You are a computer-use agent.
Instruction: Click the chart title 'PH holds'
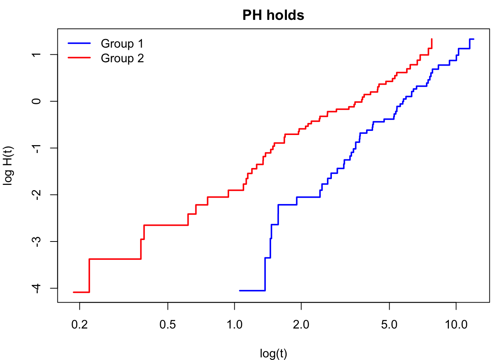[273, 15]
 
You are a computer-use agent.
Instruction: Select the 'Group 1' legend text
[122, 43]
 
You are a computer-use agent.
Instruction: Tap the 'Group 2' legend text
[122, 58]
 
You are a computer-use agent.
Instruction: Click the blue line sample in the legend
[79, 43]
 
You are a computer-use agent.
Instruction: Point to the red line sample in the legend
[79, 58]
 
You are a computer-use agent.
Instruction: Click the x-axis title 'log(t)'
[273, 353]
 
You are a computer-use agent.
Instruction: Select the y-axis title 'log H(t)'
[8, 166]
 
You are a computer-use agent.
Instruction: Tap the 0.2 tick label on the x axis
[79, 325]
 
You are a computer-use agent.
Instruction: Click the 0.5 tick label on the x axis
[168, 325]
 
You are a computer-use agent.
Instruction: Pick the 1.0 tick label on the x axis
[234, 325]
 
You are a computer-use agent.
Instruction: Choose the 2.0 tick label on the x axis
[301, 325]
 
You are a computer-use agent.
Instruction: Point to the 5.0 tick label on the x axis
[389, 325]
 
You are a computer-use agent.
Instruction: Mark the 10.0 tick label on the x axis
[456, 325]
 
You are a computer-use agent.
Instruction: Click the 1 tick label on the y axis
[36, 54]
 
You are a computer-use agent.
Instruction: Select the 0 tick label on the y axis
[36, 101]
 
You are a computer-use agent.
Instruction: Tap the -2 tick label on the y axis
[36, 195]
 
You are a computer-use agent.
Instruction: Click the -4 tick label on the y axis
[36, 288]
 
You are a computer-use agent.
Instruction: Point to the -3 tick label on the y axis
[36, 241]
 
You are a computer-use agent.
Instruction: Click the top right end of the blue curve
[474, 39]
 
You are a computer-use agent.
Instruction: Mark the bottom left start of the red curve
[73, 292]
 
